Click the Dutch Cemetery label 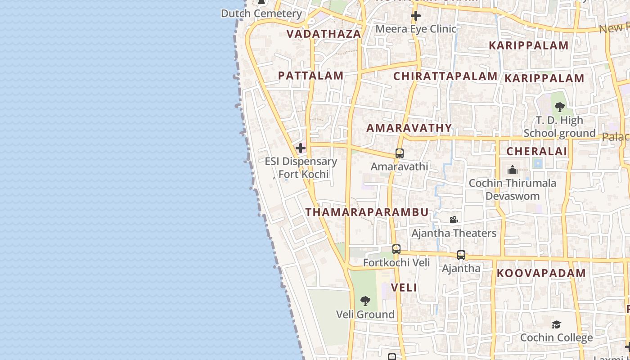coord(261,13)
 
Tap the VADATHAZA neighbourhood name coord(324,34)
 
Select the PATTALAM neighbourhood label coord(311,76)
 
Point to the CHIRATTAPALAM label coord(445,76)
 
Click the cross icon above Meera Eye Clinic coord(416,16)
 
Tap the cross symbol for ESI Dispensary coord(301,148)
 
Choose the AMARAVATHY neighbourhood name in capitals coord(409,128)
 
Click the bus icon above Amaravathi coord(399,153)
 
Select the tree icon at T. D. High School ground coord(559,107)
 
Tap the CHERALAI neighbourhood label coord(537,152)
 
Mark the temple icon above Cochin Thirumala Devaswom coord(512,170)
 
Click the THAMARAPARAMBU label coord(367,212)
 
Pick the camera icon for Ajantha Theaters coord(454,220)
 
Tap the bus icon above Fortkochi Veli coord(396,249)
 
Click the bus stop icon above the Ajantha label coord(461,255)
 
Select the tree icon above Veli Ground coord(365,301)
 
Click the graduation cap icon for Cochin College coord(556,324)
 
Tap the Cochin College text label coord(556,337)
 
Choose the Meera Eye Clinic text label coord(416,29)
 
